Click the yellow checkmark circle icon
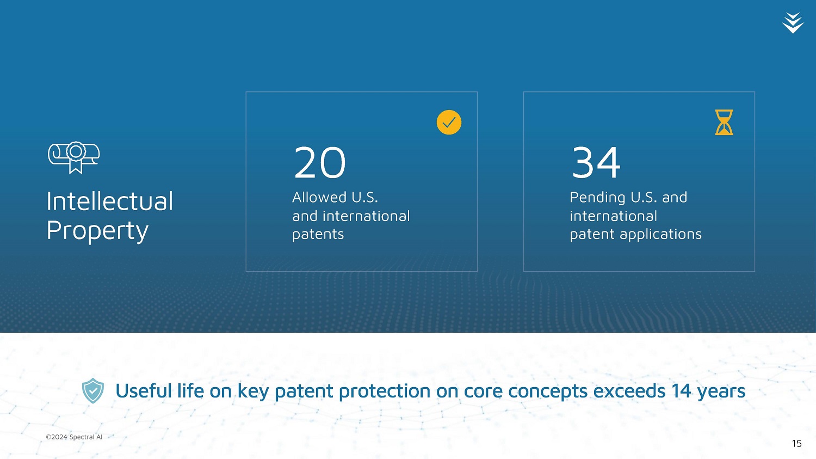[449, 122]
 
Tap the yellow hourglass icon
[724, 122]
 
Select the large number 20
[319, 162]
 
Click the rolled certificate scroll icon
[73, 157]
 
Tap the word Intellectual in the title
[110, 201]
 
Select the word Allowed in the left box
[319, 197]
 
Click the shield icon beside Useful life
[93, 390]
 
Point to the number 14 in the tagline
[681, 391]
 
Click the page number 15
[797, 443]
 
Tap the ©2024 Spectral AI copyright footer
[74, 437]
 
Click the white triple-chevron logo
[793, 23]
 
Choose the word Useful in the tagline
[144, 391]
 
